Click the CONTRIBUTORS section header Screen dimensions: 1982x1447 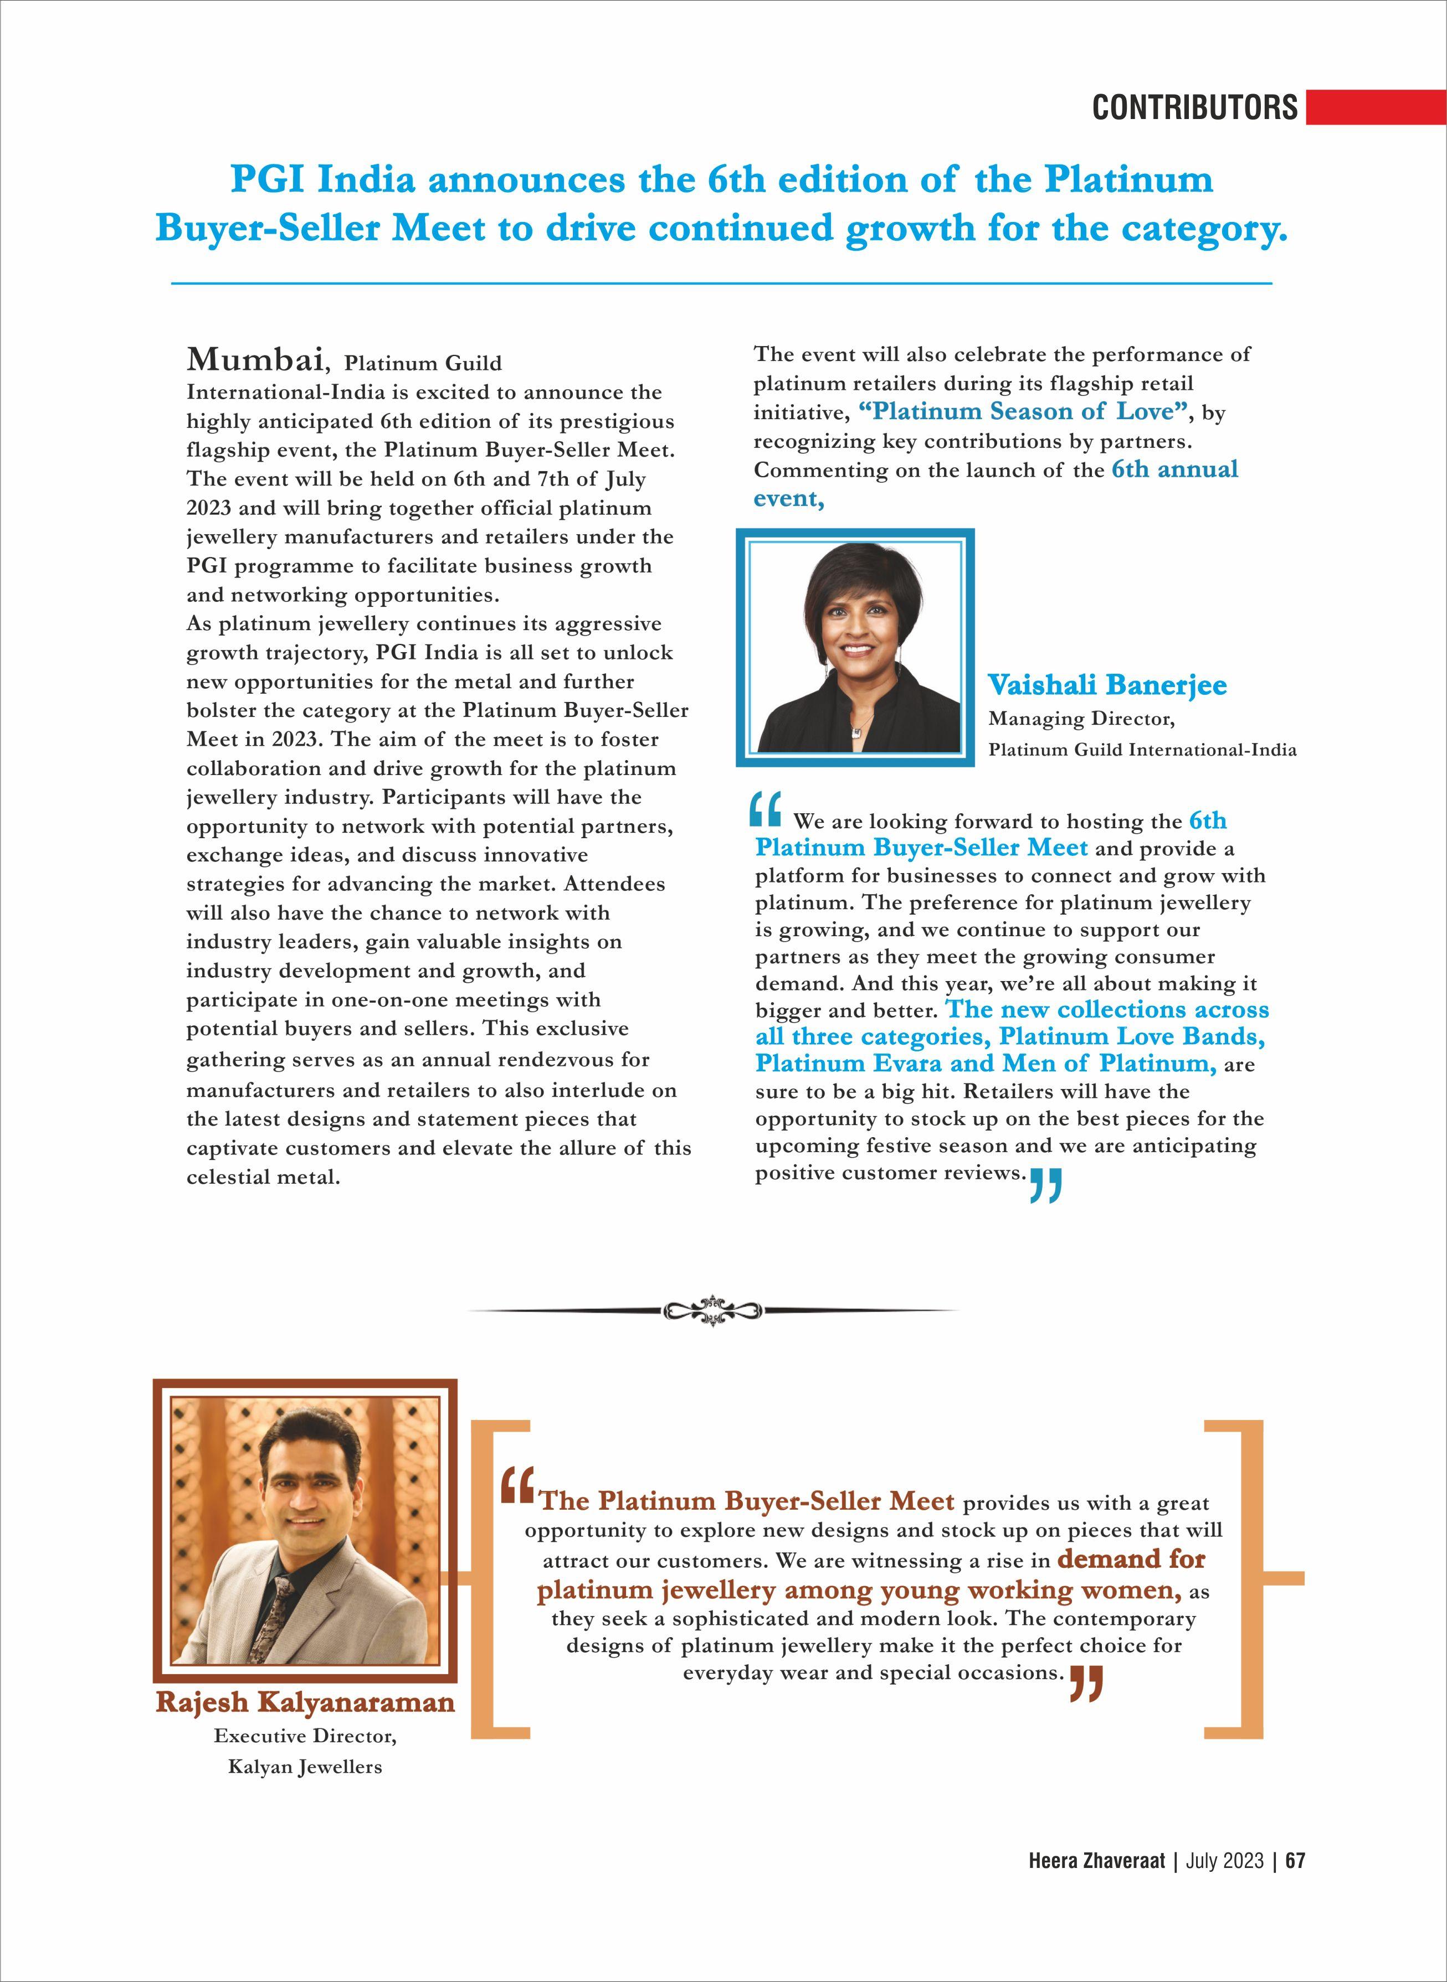click(1195, 107)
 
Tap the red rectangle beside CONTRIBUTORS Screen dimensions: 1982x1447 click(1375, 107)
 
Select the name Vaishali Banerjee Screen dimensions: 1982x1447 click(1107, 685)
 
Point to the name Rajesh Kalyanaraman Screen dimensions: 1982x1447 click(305, 1703)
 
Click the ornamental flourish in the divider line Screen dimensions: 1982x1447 click(713, 1310)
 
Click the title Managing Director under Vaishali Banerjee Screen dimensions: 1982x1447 click(1081, 720)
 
